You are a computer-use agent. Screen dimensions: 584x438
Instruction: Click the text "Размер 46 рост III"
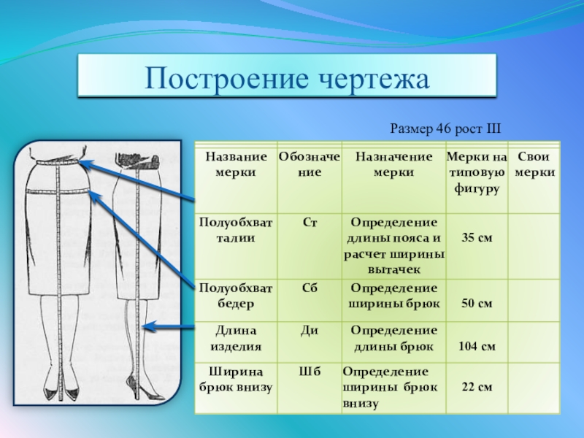[445, 128]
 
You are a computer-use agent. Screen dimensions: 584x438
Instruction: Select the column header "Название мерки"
[236, 164]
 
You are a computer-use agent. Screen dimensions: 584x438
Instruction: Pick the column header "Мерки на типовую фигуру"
[476, 172]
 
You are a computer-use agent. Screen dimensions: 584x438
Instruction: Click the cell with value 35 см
[476, 238]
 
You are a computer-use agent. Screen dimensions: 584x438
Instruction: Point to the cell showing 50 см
[476, 302]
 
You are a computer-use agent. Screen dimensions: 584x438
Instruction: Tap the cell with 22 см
[476, 386]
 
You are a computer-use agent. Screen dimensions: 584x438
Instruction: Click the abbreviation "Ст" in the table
[309, 222]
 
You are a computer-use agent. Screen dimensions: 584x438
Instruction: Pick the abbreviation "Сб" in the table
[309, 288]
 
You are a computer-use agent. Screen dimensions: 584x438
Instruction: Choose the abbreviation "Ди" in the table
[309, 330]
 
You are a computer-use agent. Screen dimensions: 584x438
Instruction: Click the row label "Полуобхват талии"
[236, 230]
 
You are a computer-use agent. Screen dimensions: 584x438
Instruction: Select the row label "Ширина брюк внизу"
[236, 379]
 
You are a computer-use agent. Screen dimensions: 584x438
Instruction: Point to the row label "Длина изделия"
[236, 338]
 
